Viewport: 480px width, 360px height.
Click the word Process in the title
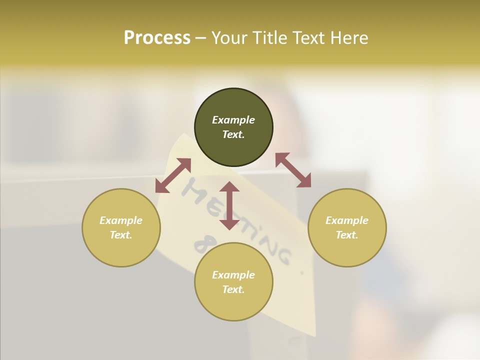(157, 38)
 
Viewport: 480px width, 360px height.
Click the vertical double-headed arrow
(229, 205)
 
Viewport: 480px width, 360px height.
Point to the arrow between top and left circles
(173, 175)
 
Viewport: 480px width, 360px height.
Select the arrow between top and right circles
(293, 170)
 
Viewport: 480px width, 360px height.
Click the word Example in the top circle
(233, 120)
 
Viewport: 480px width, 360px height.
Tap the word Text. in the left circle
(121, 235)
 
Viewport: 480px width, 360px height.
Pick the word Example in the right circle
(347, 220)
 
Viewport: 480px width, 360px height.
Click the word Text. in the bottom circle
(233, 289)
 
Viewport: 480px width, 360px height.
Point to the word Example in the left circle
(121, 220)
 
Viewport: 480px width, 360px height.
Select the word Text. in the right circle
(347, 235)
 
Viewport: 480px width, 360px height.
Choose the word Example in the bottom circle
(233, 275)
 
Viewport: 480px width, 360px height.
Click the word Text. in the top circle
(233, 134)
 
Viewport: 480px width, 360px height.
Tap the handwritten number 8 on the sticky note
(200, 245)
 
